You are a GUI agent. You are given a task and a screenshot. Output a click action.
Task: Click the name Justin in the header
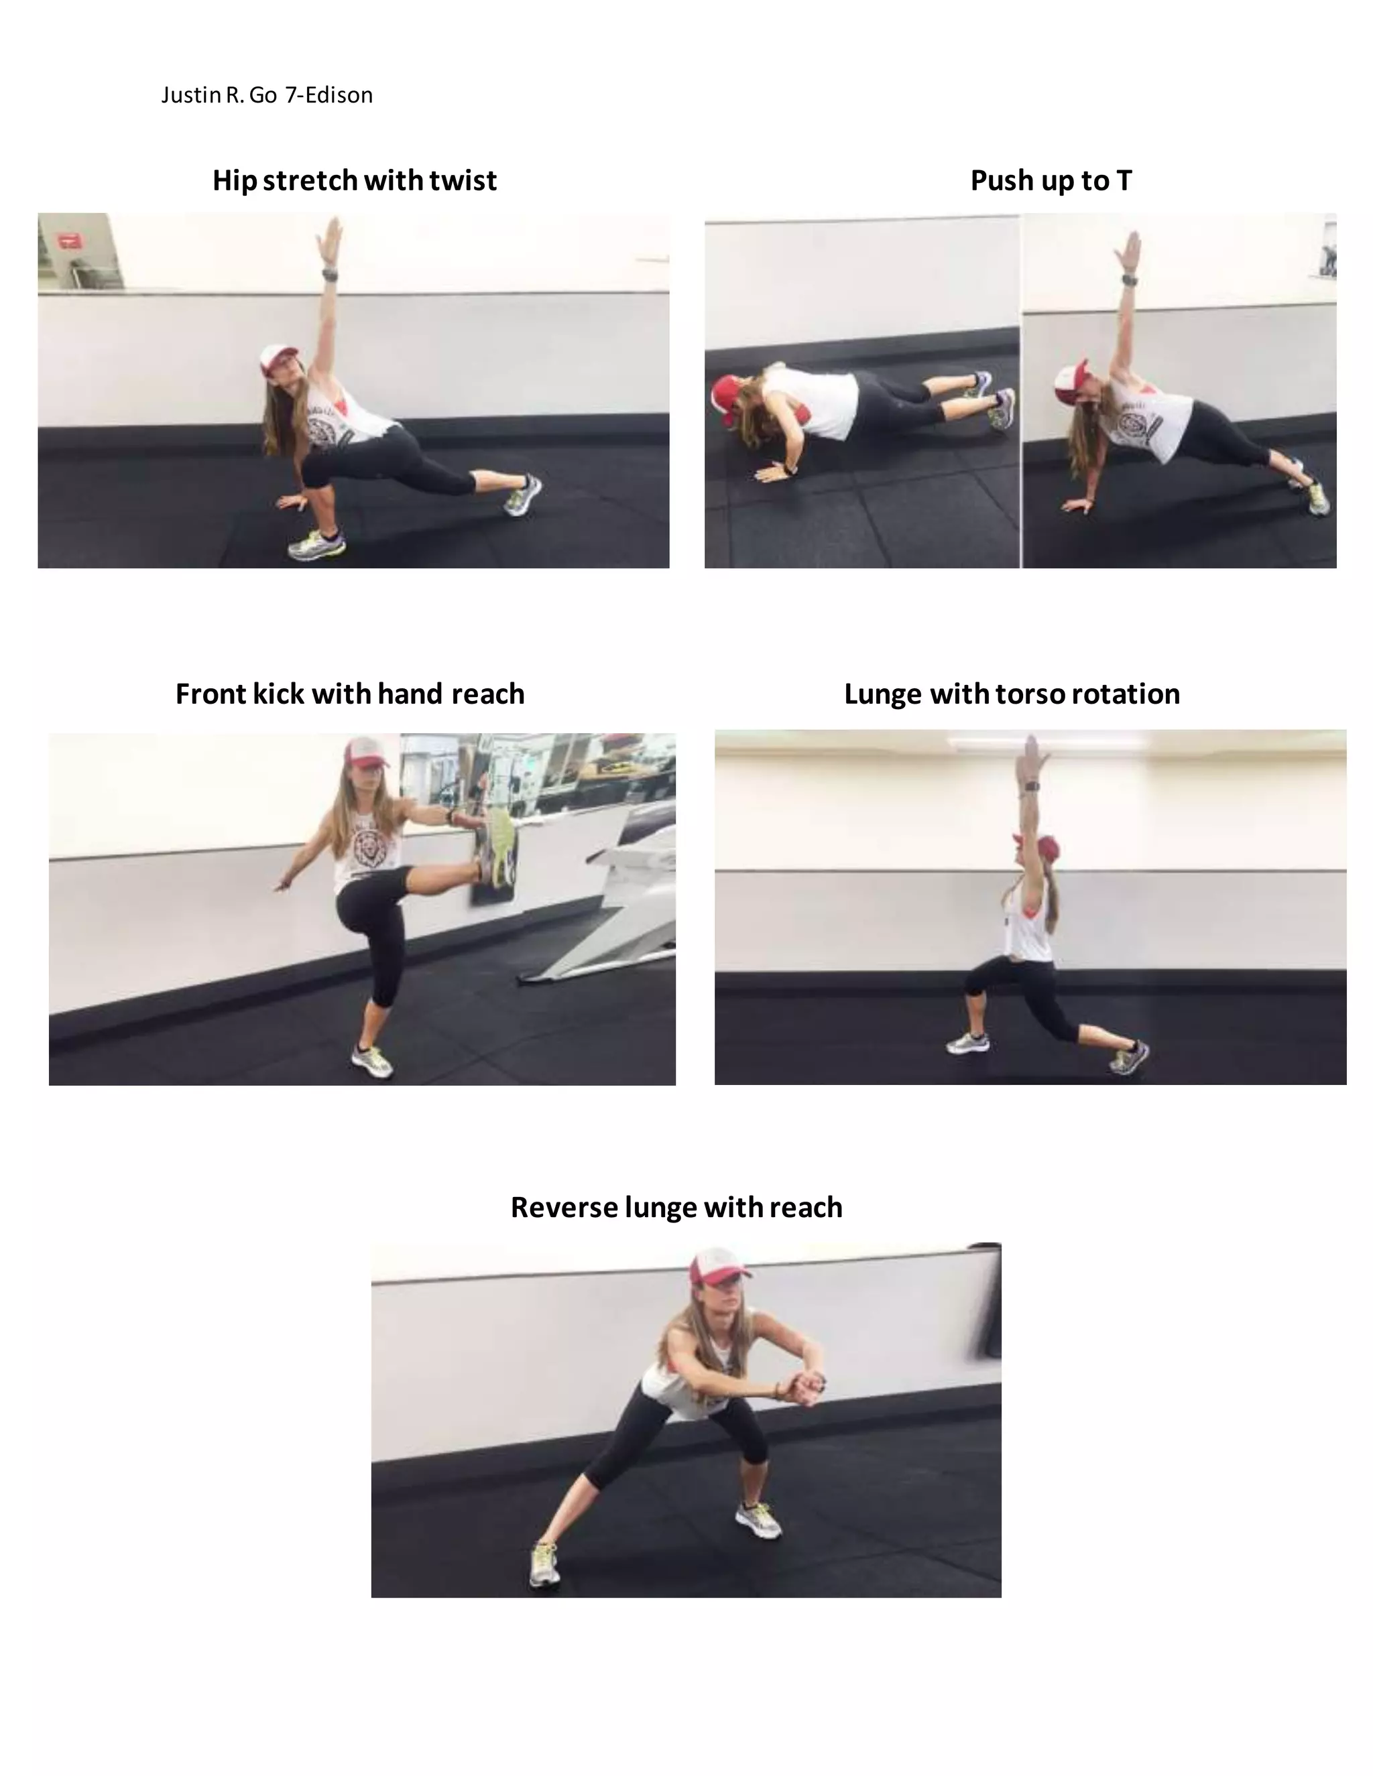(191, 95)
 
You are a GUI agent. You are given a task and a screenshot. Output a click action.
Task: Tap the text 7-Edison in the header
(329, 95)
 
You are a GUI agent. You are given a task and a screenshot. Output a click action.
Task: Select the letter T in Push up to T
(1124, 180)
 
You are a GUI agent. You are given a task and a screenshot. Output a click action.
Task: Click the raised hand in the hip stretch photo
(331, 236)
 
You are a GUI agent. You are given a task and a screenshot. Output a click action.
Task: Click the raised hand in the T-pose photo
(1130, 249)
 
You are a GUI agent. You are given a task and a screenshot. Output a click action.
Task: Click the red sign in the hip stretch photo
(70, 240)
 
